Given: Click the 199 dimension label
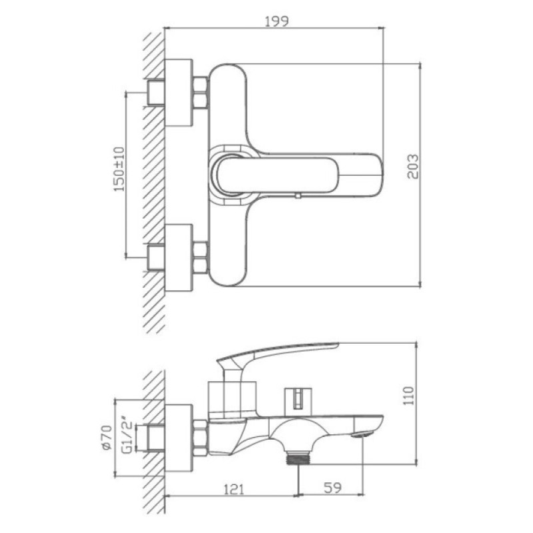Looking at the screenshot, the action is [276, 21].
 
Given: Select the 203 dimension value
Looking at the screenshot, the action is [413, 167].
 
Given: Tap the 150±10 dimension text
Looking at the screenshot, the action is [119, 169].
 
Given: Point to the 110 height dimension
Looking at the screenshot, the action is [409, 395].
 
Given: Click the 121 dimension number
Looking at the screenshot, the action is [234, 489].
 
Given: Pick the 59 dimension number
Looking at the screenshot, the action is [332, 488].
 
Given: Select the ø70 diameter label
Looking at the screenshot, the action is [107, 438].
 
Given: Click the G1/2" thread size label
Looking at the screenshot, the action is [127, 436].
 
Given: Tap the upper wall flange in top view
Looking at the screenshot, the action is [179, 93].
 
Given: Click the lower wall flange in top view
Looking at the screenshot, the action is [179, 257].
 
